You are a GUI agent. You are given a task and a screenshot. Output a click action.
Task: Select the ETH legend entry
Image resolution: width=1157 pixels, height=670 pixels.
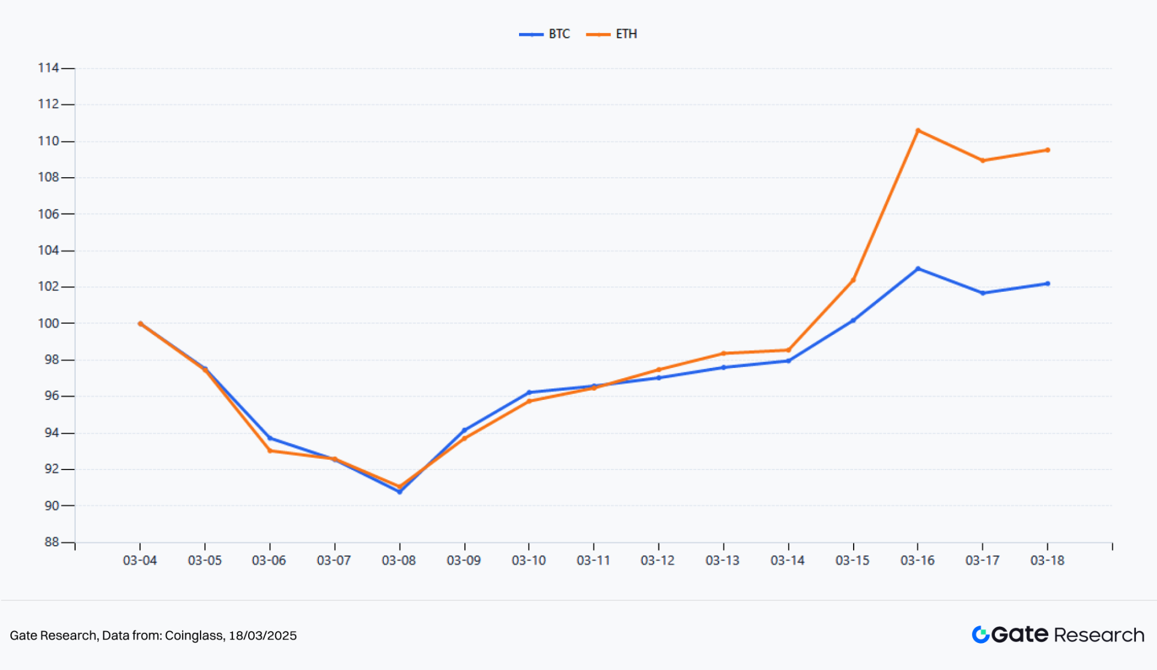[612, 34]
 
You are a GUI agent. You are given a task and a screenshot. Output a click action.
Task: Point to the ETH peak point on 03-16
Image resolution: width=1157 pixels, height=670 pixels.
[918, 130]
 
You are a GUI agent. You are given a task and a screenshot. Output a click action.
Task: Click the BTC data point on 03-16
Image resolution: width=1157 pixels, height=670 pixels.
[918, 268]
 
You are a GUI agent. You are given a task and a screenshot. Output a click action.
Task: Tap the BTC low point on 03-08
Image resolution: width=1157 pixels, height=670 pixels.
[399, 492]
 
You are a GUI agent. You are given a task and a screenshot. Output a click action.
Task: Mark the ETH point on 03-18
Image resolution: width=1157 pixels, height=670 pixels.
[1048, 150]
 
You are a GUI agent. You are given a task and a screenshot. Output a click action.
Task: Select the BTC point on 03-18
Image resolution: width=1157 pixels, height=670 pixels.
[1048, 283]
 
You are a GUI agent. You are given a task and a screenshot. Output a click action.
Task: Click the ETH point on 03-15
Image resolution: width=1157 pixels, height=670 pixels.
[853, 280]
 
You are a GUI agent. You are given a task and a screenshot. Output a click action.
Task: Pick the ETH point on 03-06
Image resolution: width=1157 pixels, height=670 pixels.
[270, 451]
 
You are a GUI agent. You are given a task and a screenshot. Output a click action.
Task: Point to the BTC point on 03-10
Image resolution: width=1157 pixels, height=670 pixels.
[529, 392]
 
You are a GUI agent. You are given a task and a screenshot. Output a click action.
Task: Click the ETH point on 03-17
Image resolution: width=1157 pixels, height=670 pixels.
[983, 160]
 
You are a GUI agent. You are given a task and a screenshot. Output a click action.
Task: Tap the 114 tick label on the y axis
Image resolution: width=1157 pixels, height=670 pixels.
[48, 68]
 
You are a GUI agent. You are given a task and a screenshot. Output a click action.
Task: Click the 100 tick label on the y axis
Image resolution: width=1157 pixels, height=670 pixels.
[48, 323]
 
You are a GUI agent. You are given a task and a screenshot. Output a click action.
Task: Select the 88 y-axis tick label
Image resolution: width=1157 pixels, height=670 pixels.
[51, 542]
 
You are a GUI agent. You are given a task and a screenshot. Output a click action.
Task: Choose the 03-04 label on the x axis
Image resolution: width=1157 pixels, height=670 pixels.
[140, 560]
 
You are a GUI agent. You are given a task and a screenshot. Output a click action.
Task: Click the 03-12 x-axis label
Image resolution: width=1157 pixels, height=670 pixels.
[658, 560]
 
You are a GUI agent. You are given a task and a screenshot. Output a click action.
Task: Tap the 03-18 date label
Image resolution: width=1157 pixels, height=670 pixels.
[1047, 560]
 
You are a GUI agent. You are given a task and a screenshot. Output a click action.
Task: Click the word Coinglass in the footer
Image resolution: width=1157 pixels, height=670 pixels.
[194, 635]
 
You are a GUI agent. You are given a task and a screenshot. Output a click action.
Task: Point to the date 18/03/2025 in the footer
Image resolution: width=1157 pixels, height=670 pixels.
[263, 635]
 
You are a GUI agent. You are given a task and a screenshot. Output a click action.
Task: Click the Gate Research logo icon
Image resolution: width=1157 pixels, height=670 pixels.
[980, 635]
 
